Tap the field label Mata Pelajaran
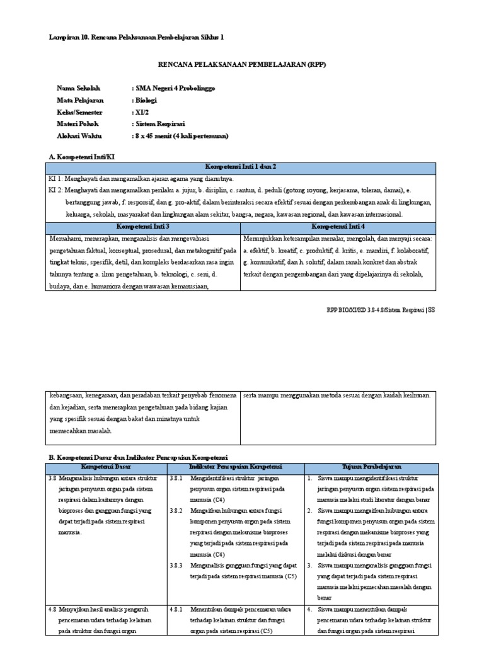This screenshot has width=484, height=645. coord(80,100)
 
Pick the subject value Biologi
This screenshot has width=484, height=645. coord(146,100)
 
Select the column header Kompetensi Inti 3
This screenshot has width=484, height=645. coord(144,225)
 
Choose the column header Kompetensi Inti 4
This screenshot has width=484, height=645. coord(338,225)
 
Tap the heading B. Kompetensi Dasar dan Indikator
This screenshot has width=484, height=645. coord(138,456)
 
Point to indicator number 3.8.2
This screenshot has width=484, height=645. coord(176,511)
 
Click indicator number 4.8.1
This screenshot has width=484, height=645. coord(176,610)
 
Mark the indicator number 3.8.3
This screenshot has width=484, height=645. coord(176,566)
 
